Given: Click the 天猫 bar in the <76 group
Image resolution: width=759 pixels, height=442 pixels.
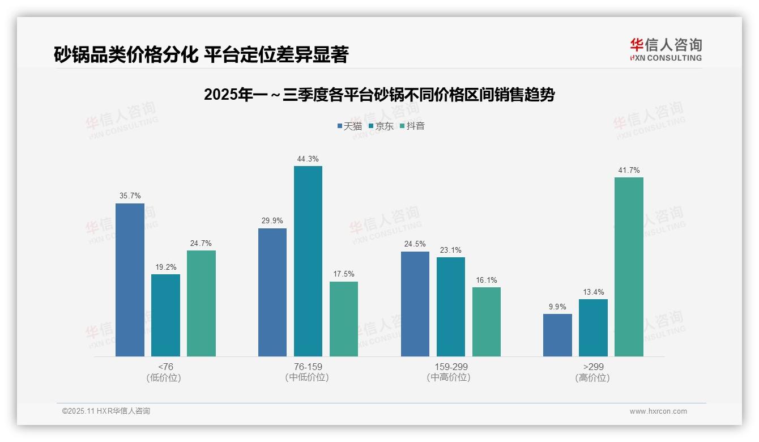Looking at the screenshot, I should coord(130,280).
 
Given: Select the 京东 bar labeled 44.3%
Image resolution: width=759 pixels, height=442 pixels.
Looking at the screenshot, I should coord(308,261).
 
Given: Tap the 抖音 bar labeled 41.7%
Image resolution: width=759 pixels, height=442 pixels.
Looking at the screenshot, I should coord(629,267).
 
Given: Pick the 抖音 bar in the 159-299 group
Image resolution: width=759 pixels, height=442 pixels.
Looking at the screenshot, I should coord(486,322).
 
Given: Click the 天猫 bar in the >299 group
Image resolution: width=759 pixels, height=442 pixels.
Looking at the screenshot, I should coord(557,335).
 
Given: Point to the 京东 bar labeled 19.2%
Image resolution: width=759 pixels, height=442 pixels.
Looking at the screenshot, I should coord(165,315).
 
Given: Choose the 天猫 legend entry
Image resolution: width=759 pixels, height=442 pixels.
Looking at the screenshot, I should coord(349,126).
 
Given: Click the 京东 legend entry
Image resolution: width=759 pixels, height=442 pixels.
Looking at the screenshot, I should coord(381,126).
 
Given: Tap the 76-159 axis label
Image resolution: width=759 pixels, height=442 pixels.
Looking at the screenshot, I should coord(308,367).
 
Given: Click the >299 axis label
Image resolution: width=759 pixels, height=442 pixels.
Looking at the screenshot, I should coord(592,367).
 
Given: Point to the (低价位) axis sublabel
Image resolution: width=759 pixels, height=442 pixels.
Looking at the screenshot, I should coord(164,377).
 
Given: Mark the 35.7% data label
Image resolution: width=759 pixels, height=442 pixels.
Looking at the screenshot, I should coord(130,195).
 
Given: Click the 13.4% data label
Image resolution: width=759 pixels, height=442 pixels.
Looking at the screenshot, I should coord(593,292).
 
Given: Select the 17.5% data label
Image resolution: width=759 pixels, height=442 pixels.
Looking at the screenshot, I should coord(343,274).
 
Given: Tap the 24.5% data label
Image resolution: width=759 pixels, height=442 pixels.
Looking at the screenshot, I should coord(415,244).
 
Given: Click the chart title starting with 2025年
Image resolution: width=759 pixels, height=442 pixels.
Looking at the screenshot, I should coord(379,95).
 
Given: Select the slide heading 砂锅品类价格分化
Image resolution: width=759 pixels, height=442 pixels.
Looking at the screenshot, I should coord(201,54).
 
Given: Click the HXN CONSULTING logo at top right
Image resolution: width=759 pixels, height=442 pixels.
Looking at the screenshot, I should coord(666,49).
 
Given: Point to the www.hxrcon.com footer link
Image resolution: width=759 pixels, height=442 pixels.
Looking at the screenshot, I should coord(658,411).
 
